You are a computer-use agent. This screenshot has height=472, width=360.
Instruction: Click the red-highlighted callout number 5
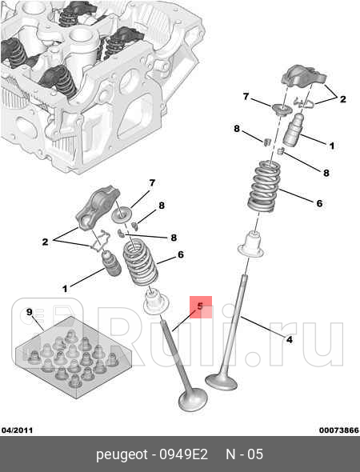200,306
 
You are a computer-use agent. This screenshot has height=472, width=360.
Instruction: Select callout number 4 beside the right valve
289,339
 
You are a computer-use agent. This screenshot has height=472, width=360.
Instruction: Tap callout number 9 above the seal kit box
29,312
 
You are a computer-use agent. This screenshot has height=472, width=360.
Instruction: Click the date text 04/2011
17,430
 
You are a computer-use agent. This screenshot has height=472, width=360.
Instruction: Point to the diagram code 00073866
339,430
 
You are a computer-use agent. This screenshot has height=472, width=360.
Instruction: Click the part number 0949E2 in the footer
184,454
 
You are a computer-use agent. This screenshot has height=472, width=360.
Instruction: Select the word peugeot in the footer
122,455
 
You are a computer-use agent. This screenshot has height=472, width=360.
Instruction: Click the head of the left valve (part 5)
193,400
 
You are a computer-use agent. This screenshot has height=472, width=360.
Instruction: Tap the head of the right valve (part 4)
222,381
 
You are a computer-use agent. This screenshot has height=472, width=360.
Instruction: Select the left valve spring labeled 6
140,262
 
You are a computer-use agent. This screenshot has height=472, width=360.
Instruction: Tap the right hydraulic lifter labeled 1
293,130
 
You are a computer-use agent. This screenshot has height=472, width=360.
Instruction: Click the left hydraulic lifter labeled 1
111,263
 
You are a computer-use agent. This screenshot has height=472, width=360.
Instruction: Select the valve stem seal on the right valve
250,245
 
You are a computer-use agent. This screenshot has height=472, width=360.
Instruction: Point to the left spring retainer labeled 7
122,215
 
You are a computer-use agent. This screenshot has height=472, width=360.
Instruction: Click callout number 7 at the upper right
246,97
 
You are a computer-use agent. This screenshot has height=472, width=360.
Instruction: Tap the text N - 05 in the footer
245,454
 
